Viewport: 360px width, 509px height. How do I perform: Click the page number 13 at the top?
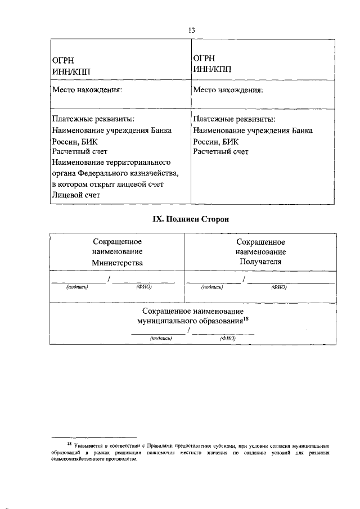point(192,30)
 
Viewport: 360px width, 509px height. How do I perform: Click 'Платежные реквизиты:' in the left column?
point(93,119)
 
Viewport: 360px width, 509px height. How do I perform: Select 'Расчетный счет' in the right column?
point(220,151)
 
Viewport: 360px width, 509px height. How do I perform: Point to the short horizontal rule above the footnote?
point(94,437)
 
